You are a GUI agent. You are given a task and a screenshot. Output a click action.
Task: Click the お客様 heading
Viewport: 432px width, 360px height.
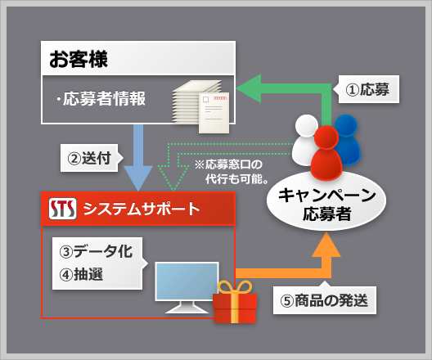click(79, 59)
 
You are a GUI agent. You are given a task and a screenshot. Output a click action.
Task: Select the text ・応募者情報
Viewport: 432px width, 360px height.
click(101, 99)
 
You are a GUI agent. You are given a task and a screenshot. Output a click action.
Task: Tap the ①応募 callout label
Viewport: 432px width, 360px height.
click(368, 89)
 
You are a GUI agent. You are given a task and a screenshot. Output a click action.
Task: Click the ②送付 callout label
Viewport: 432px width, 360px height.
click(90, 158)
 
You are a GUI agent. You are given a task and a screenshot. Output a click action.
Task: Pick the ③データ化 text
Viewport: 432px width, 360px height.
click(97, 251)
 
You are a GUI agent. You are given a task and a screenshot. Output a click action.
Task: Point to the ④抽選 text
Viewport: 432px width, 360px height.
click(81, 274)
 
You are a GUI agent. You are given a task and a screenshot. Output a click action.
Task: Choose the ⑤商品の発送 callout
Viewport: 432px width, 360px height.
click(325, 299)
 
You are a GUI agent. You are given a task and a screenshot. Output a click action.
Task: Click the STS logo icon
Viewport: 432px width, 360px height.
click(62, 209)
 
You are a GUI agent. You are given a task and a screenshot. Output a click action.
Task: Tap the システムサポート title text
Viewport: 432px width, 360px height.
click(142, 209)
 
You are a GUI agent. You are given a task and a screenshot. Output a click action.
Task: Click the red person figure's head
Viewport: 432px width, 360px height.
click(326, 137)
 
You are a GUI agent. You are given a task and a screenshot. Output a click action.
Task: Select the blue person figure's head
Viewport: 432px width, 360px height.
click(346, 125)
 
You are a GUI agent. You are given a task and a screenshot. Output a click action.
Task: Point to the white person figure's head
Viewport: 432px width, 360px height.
click(306, 125)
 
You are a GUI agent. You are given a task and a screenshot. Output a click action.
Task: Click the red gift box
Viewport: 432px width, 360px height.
click(235, 308)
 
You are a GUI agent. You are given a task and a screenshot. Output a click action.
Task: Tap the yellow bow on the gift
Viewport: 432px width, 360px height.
click(235, 287)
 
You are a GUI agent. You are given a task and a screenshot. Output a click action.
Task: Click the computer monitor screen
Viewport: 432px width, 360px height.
click(187, 281)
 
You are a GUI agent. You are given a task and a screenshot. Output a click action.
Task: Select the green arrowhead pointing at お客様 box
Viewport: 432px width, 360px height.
click(249, 88)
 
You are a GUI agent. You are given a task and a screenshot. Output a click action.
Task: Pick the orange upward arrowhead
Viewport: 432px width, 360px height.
click(326, 245)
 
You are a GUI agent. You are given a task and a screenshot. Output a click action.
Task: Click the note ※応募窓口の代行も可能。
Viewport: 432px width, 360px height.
click(232, 172)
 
